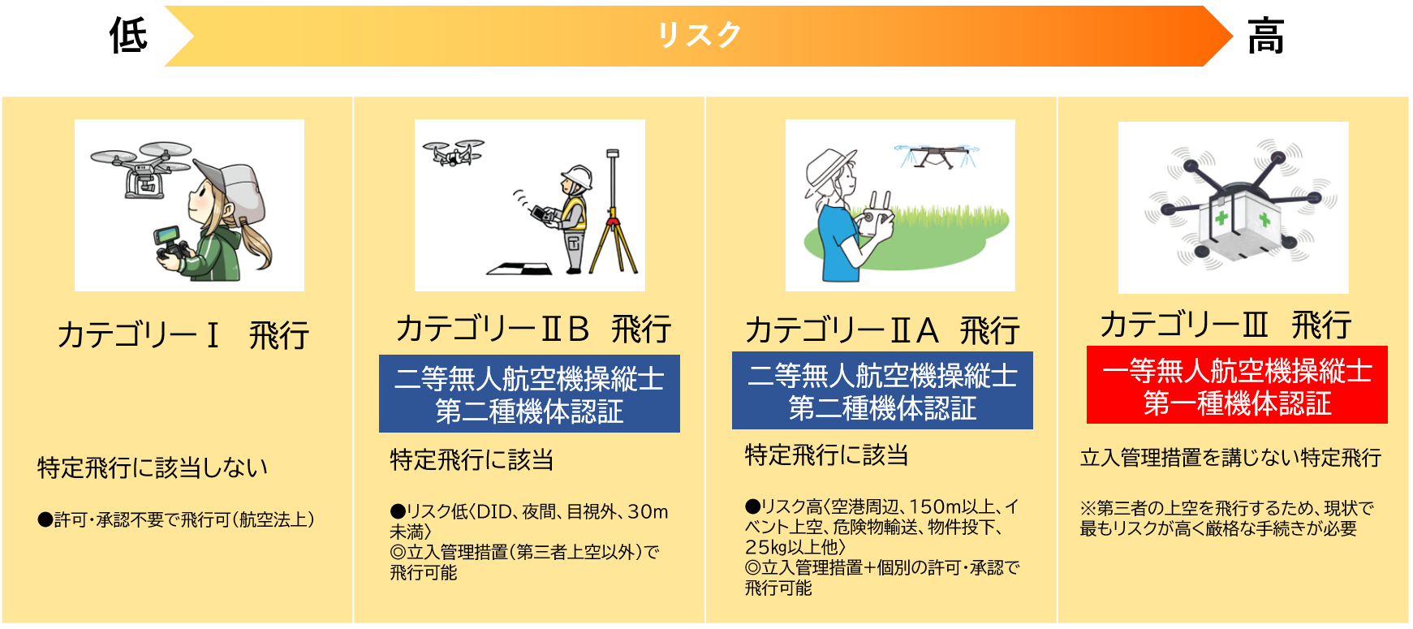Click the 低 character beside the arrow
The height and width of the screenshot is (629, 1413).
pyautogui.click(x=128, y=36)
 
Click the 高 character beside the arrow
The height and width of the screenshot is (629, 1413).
pyautogui.click(x=1266, y=37)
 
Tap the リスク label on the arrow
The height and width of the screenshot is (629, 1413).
pyautogui.click(x=700, y=35)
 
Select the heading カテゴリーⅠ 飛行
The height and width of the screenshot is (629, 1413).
pyautogui.click(x=183, y=334)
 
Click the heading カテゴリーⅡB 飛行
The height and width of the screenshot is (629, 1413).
pyautogui.click(x=533, y=329)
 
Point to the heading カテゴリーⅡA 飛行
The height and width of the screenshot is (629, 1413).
pyautogui.click(x=882, y=330)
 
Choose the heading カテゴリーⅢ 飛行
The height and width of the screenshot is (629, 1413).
pyautogui.click(x=1226, y=325)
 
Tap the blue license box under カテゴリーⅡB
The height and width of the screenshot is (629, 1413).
pyautogui.click(x=529, y=394)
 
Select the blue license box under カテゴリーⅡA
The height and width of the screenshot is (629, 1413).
pyautogui.click(x=882, y=390)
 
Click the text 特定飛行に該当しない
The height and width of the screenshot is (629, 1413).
pyautogui.click(x=153, y=467)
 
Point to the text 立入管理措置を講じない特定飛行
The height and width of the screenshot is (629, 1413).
pyautogui.click(x=1230, y=458)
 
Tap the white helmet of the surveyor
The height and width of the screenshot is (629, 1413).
pyautogui.click(x=577, y=178)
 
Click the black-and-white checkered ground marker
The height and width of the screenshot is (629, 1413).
pyautogui.click(x=519, y=269)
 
